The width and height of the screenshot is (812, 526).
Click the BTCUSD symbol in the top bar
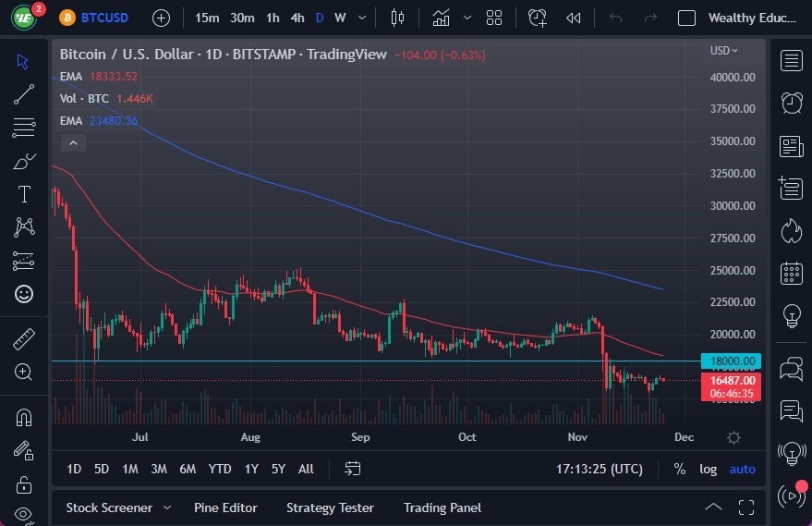(x=104, y=18)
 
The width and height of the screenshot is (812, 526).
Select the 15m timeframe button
(x=208, y=18)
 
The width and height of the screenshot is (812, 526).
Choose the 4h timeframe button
(x=297, y=18)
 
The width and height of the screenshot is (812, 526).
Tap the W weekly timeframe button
(x=340, y=18)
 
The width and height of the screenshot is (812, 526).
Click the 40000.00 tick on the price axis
(x=733, y=77)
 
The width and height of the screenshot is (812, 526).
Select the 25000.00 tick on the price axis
(x=733, y=270)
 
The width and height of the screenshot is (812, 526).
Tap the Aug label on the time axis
(x=250, y=437)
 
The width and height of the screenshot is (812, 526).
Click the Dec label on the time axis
(x=684, y=437)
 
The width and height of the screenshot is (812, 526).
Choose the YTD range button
(x=220, y=469)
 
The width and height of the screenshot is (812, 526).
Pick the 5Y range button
(x=278, y=469)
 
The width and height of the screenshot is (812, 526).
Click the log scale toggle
(x=708, y=469)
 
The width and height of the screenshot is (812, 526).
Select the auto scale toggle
(x=743, y=469)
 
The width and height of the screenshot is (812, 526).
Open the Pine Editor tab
(x=225, y=508)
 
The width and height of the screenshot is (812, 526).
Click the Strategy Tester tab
(x=330, y=508)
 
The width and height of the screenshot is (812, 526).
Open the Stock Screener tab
(x=108, y=508)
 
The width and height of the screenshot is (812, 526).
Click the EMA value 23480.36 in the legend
(x=113, y=120)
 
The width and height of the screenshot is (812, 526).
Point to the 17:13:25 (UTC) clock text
(x=600, y=469)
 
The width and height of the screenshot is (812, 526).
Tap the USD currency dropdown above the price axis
(x=724, y=51)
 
